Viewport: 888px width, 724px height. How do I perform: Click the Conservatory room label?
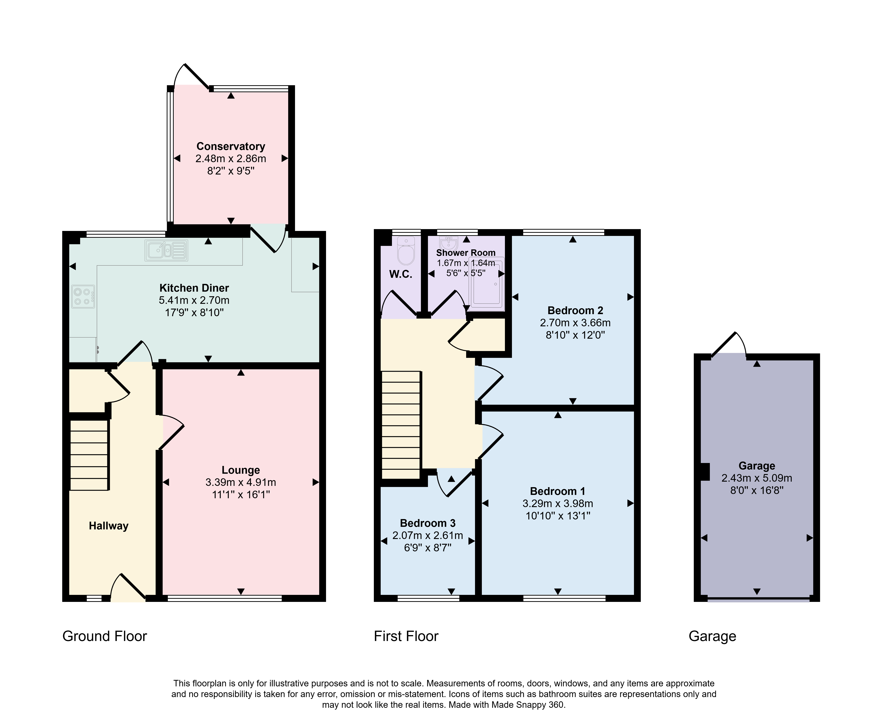point(231,146)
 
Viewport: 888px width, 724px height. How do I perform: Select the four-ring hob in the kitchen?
point(83,297)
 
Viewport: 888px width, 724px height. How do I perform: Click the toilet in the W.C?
point(406,250)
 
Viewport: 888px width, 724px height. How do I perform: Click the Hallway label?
point(109,526)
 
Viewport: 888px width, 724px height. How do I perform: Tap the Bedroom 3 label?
point(428,523)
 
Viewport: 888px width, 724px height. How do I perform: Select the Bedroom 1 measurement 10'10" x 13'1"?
point(558,516)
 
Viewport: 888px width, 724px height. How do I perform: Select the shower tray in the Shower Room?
point(487,284)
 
